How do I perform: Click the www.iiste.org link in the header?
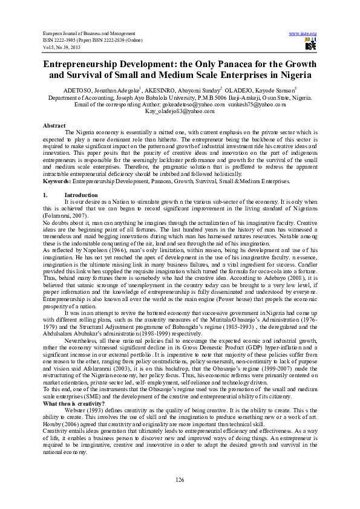tap(304, 33)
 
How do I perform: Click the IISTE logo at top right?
tap(311, 45)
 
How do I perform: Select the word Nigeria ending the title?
tap(295, 76)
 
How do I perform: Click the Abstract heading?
tap(54, 125)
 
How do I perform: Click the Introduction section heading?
tap(81, 195)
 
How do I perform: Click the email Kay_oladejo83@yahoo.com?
tap(180, 111)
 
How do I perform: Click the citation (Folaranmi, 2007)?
tap(66, 216)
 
